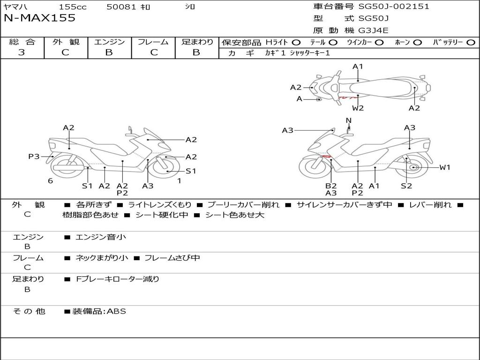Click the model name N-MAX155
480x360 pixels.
[x=39, y=18]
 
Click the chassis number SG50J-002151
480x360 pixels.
[x=394, y=7]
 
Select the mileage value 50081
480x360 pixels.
[x=121, y=7]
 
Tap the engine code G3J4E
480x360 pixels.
[x=374, y=31]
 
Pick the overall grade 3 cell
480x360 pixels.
[x=22, y=52]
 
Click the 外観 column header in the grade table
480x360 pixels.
[x=66, y=42]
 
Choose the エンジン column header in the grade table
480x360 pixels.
[x=109, y=42]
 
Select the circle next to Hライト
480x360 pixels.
[x=296, y=43]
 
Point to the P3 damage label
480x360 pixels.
[x=34, y=157]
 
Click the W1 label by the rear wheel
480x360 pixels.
[x=444, y=167]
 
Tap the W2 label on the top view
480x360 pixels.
[x=358, y=108]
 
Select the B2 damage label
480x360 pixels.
[x=331, y=186]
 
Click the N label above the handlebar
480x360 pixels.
[x=348, y=120]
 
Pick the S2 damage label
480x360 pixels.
[x=406, y=186]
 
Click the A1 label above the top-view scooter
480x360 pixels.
[x=358, y=67]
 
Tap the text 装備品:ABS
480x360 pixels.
[x=99, y=311]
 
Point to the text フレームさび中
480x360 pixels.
[x=172, y=258]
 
